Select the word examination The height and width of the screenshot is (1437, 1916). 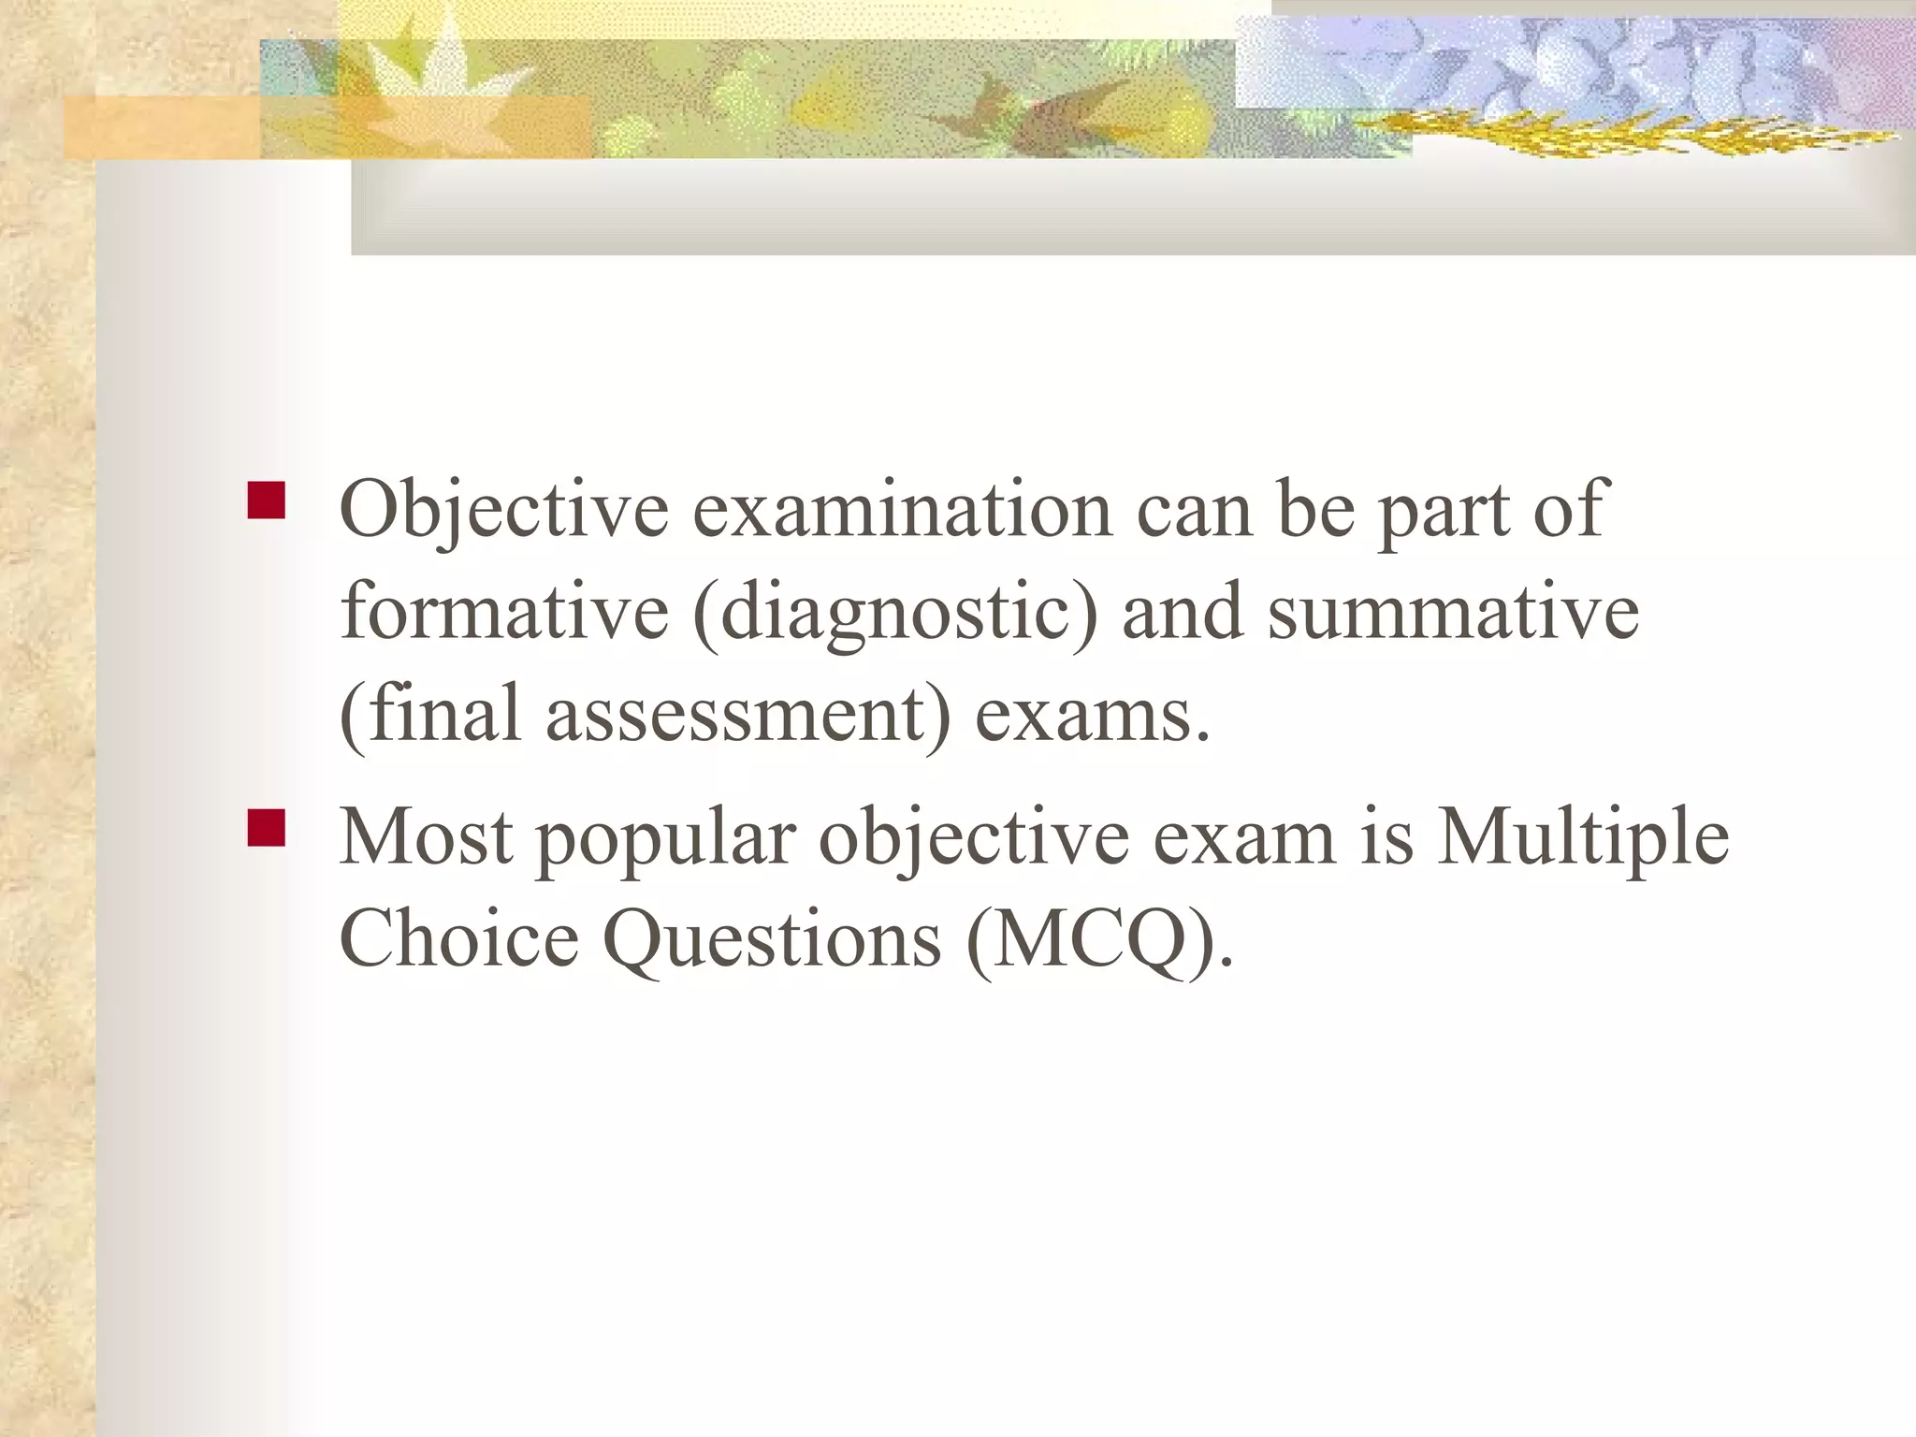click(x=902, y=510)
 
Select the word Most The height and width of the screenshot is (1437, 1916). click(x=426, y=835)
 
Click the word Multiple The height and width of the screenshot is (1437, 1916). click(x=1582, y=835)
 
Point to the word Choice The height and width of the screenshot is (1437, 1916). click(x=458, y=938)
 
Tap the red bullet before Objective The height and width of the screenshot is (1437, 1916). click(x=266, y=501)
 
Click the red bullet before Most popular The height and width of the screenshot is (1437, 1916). click(x=266, y=828)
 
